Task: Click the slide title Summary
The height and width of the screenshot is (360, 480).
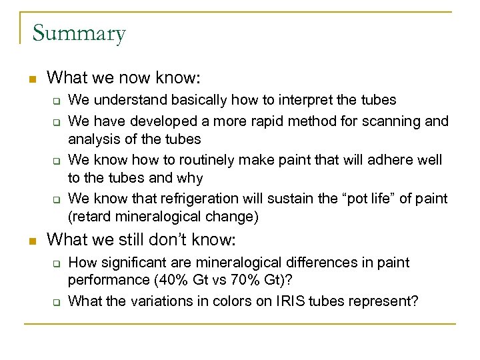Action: [79, 33]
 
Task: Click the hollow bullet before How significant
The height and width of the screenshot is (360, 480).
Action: [57, 263]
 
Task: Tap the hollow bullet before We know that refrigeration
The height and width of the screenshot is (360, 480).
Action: [57, 199]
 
